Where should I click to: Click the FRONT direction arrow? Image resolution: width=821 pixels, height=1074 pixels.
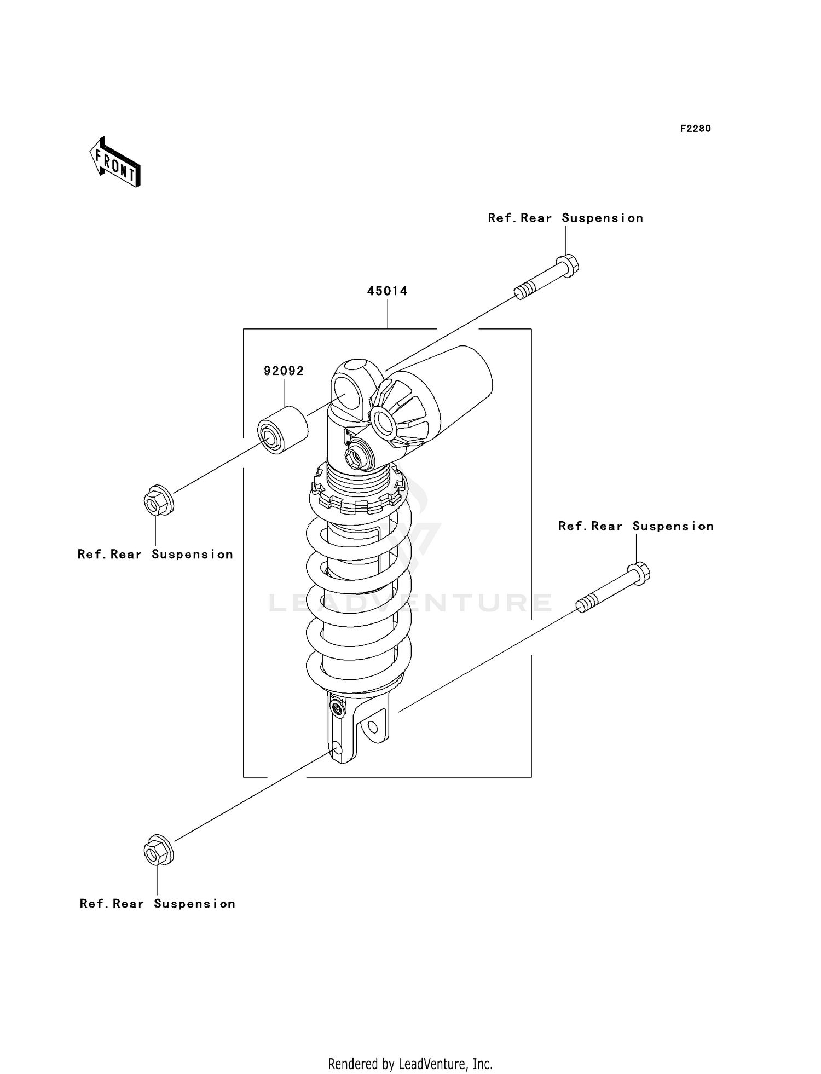click(x=115, y=163)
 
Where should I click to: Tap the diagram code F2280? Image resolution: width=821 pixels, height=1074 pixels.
click(x=695, y=129)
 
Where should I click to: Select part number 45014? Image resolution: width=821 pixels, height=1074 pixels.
click(x=387, y=291)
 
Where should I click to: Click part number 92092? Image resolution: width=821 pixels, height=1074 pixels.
click(x=284, y=371)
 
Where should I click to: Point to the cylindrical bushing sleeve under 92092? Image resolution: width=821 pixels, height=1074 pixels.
click(x=282, y=430)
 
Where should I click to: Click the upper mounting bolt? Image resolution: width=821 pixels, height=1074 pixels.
click(x=547, y=277)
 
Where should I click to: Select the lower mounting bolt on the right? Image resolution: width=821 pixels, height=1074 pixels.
click(x=613, y=588)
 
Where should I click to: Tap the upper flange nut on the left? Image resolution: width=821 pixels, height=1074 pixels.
click(x=158, y=500)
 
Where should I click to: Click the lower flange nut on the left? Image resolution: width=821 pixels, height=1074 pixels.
click(x=158, y=850)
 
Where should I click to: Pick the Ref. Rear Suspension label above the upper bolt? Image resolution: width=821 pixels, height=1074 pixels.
click(x=565, y=218)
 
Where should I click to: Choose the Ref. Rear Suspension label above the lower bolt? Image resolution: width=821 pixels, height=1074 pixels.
click(x=635, y=527)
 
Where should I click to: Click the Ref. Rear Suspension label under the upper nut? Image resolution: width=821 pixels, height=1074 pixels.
click(x=155, y=555)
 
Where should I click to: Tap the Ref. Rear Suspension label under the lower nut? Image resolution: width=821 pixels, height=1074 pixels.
click(x=158, y=904)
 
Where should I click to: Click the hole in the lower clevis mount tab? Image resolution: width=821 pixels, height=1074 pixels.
click(x=373, y=727)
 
